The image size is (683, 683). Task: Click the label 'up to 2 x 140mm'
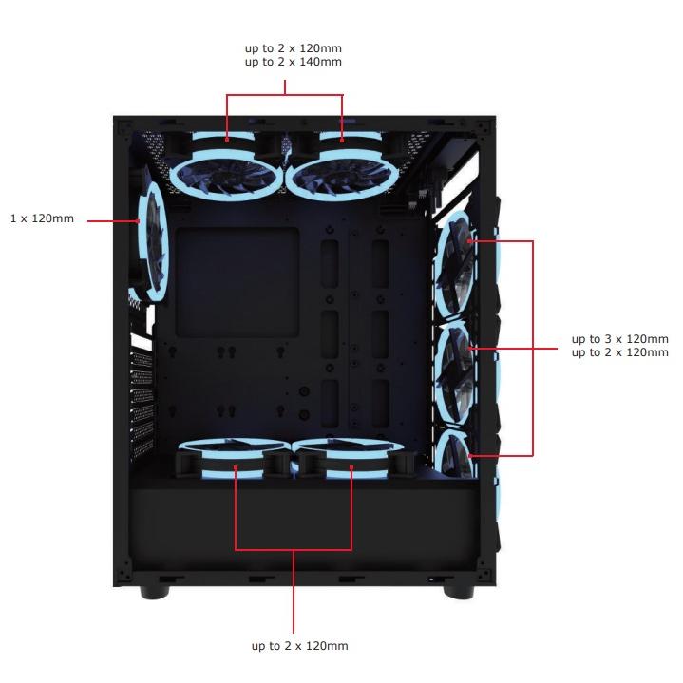[x=293, y=62]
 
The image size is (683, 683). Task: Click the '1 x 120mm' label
[x=42, y=219]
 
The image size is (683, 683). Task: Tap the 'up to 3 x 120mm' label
[x=619, y=338]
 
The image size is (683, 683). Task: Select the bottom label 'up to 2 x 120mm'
[x=299, y=646]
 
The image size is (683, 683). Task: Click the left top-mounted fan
[x=228, y=169]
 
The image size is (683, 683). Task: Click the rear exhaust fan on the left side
[x=153, y=237]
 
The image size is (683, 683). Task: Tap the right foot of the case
[x=458, y=592]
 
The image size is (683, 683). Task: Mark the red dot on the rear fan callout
[x=140, y=220]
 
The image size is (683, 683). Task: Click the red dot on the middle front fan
[x=469, y=350]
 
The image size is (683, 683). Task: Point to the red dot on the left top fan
[x=228, y=140]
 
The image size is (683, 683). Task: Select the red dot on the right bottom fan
[x=351, y=466]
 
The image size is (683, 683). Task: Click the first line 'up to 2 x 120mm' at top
[x=293, y=47]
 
